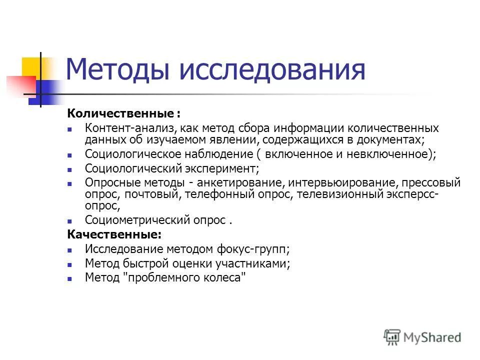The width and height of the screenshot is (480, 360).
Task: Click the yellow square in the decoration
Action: point(30,67)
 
